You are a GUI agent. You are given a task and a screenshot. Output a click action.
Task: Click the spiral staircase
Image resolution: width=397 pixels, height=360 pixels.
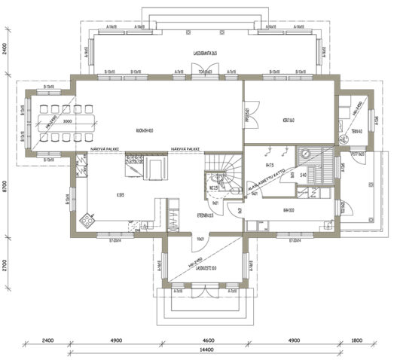pyautogui.click(x=225, y=173)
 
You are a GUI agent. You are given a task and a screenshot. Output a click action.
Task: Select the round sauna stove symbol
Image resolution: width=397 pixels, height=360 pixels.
pyautogui.click(x=305, y=151)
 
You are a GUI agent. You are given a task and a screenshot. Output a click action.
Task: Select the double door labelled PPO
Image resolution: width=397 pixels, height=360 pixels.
pyautogui.click(x=247, y=117)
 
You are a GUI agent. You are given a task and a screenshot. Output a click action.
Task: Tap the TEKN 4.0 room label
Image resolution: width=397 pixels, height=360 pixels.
pyautogui.click(x=356, y=130)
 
